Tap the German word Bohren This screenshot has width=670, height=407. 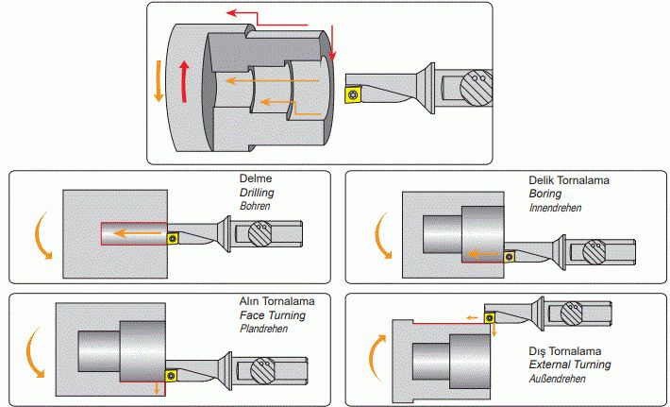256,205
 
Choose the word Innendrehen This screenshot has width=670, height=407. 555,206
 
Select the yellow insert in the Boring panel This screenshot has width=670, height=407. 510,253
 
